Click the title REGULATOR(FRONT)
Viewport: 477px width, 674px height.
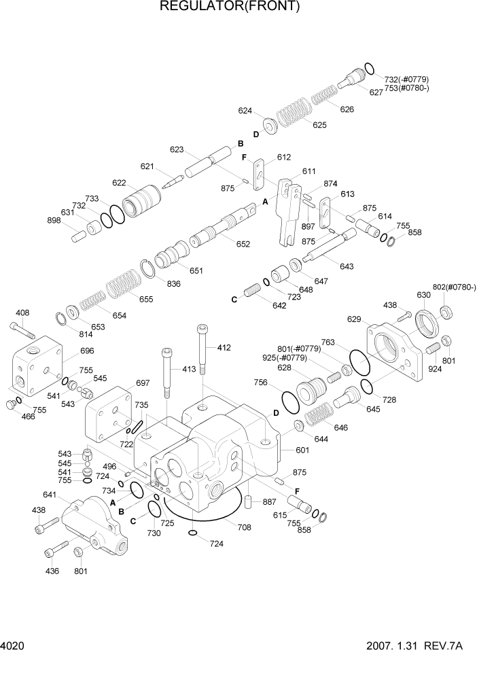[229, 7]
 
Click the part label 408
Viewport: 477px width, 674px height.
[22, 313]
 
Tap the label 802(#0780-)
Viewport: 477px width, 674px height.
[454, 287]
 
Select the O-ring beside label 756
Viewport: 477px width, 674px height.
[289, 400]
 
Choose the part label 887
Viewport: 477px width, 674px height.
[269, 502]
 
